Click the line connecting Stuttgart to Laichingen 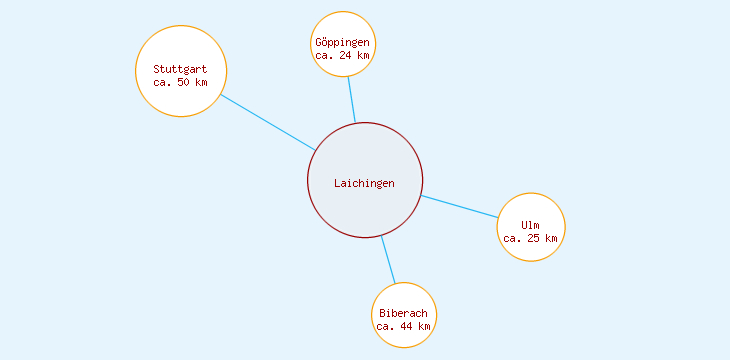(x=268, y=122)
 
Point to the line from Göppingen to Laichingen (x=351, y=99)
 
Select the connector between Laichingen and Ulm (x=460, y=206)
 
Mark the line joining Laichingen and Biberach (x=388, y=260)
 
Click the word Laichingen (x=364, y=183)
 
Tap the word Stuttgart (x=180, y=69)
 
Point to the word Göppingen (x=343, y=42)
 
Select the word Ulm (x=531, y=225)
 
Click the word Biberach (x=403, y=313)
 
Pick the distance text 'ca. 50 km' (x=180, y=82)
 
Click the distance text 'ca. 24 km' (x=343, y=56)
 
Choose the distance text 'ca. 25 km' (x=531, y=238)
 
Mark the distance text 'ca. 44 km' (x=403, y=326)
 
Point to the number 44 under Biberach (x=406, y=326)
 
